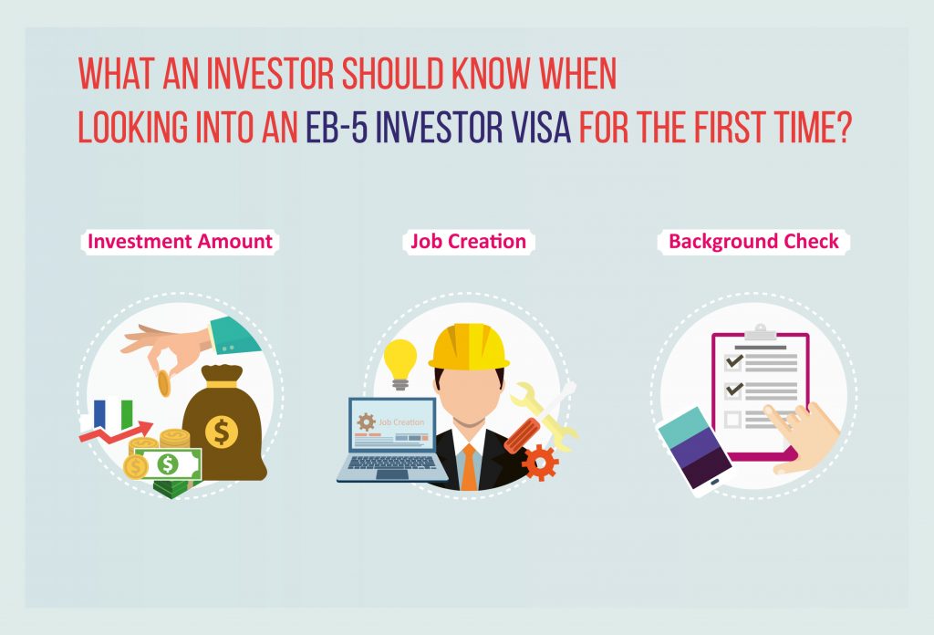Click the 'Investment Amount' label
pyautogui.click(x=180, y=241)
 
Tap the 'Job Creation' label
pyautogui.click(x=469, y=241)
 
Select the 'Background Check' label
pyautogui.click(x=753, y=241)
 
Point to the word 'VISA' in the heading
pyautogui.click(x=541, y=127)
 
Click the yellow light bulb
pyautogui.click(x=400, y=364)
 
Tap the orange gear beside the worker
pyautogui.click(x=540, y=463)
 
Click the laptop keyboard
pyautogui.click(x=393, y=463)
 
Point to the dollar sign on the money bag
pyautogui.click(x=222, y=432)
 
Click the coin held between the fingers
pyautogui.click(x=164, y=383)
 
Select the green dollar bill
pyautogui.click(x=168, y=464)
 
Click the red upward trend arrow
pyautogui.click(x=116, y=432)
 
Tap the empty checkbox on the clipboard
pyautogui.click(x=732, y=420)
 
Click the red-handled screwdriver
pyautogui.click(x=523, y=435)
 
